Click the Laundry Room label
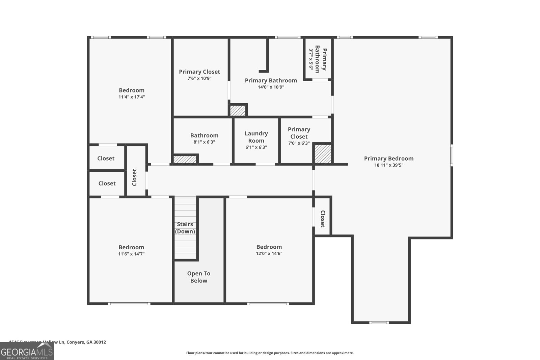tap(256, 137)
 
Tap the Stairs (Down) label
tap(185, 228)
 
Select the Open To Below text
tap(199, 277)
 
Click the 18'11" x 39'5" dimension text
tap(389, 165)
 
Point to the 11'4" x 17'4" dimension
tap(132, 97)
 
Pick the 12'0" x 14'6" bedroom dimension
tap(269, 254)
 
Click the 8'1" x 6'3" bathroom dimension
tap(204, 142)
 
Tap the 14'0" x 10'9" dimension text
tap(271, 87)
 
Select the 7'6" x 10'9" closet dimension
tap(199, 78)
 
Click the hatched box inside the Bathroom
tap(185, 159)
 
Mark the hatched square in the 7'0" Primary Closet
tap(323, 154)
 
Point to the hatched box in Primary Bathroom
tap(238, 110)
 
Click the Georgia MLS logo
tap(27, 351)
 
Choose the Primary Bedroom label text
tap(389, 159)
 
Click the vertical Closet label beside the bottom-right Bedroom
tap(323, 219)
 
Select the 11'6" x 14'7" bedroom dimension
tap(131, 254)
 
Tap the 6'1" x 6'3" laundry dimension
tap(256, 147)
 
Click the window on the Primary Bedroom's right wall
tap(452, 156)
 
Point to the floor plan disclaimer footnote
tap(270, 353)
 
